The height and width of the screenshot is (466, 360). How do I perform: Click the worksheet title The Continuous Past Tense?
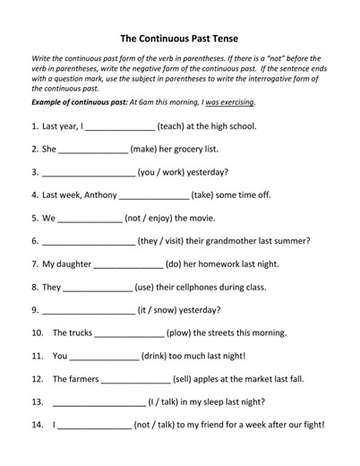click(179, 39)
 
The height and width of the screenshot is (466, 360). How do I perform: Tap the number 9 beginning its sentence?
click(34, 310)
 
